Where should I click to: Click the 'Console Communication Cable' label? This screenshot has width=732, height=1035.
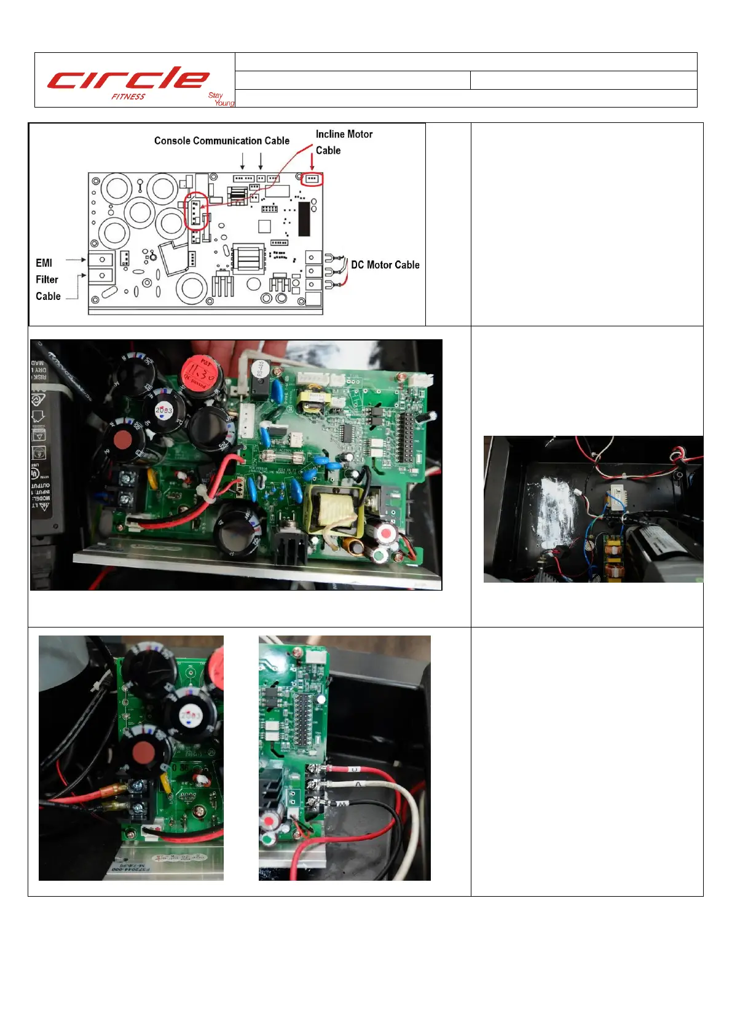pos(221,141)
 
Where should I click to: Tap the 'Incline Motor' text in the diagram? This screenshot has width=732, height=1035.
pos(344,134)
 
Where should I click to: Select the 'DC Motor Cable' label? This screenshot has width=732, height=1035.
pos(385,265)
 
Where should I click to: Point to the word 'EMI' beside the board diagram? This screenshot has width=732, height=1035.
pos(44,263)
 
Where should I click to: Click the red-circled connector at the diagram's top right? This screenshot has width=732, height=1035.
pos(312,179)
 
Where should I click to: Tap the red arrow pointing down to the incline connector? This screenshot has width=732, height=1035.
pos(312,162)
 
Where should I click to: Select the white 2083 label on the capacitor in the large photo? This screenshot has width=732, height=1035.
pos(163,410)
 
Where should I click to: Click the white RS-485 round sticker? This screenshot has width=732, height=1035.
pos(259,369)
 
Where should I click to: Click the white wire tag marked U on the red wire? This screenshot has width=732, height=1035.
pos(353,769)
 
